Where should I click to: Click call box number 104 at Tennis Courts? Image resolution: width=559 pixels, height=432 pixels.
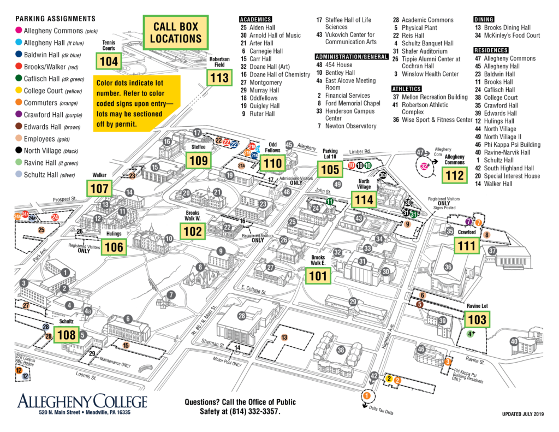109,61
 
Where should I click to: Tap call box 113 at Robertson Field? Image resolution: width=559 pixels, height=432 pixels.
219,78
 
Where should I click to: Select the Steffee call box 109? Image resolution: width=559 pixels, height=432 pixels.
199,160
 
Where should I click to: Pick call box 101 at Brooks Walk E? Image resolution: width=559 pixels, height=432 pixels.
318,275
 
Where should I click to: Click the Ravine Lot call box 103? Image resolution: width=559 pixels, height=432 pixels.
477,319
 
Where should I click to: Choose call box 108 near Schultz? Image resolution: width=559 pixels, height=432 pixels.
67,334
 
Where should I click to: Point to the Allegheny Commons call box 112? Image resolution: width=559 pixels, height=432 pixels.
455,175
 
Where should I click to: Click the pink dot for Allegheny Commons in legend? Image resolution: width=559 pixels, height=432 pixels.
19,31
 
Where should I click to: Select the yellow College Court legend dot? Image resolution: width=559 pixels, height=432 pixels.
19,91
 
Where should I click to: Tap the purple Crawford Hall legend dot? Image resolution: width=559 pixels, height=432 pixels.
19,115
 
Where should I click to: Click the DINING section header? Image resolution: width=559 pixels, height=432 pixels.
484,19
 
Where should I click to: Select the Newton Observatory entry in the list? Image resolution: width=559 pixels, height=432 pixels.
350,126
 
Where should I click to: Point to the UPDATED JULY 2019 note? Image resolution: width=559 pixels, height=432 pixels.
522,414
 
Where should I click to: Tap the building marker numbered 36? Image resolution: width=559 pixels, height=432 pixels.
448,267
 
